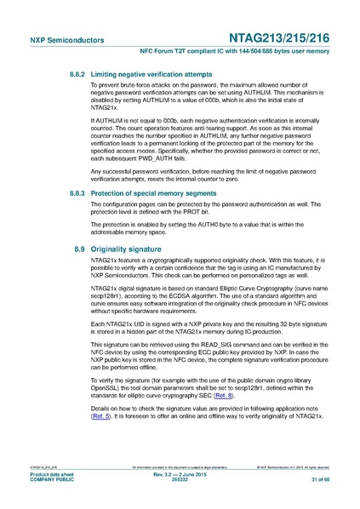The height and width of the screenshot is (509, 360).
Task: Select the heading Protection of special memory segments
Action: pyautogui.click(x=151, y=194)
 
